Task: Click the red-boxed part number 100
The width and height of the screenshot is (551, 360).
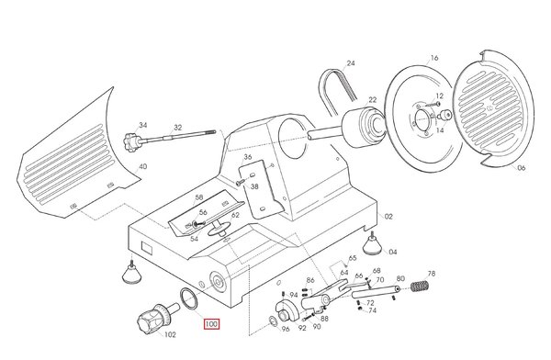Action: [212, 324]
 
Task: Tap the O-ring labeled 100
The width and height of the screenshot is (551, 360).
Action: [188, 298]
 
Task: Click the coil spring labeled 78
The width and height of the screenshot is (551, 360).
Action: [420, 287]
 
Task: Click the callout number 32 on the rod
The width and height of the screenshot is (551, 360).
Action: [178, 128]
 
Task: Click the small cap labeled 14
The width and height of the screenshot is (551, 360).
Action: [445, 115]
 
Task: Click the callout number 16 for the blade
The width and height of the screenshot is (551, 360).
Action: [434, 58]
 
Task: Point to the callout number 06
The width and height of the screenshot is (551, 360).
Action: [522, 168]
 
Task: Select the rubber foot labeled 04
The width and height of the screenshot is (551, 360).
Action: [372, 243]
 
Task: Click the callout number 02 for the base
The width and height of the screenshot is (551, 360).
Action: [388, 217]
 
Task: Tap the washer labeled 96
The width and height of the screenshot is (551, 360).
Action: [273, 321]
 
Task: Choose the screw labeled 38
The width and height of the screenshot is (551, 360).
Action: [241, 182]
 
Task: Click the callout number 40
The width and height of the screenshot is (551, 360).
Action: [142, 166]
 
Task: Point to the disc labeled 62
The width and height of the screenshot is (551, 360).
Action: [219, 229]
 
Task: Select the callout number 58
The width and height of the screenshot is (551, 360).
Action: [199, 197]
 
